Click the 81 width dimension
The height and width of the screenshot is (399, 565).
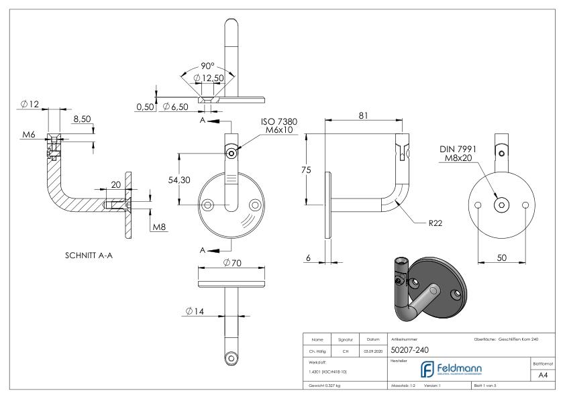coord(363,115)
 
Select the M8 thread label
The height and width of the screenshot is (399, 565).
coord(159,228)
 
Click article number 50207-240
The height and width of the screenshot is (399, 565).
coord(410,349)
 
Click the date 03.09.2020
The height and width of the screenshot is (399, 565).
coord(372,350)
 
